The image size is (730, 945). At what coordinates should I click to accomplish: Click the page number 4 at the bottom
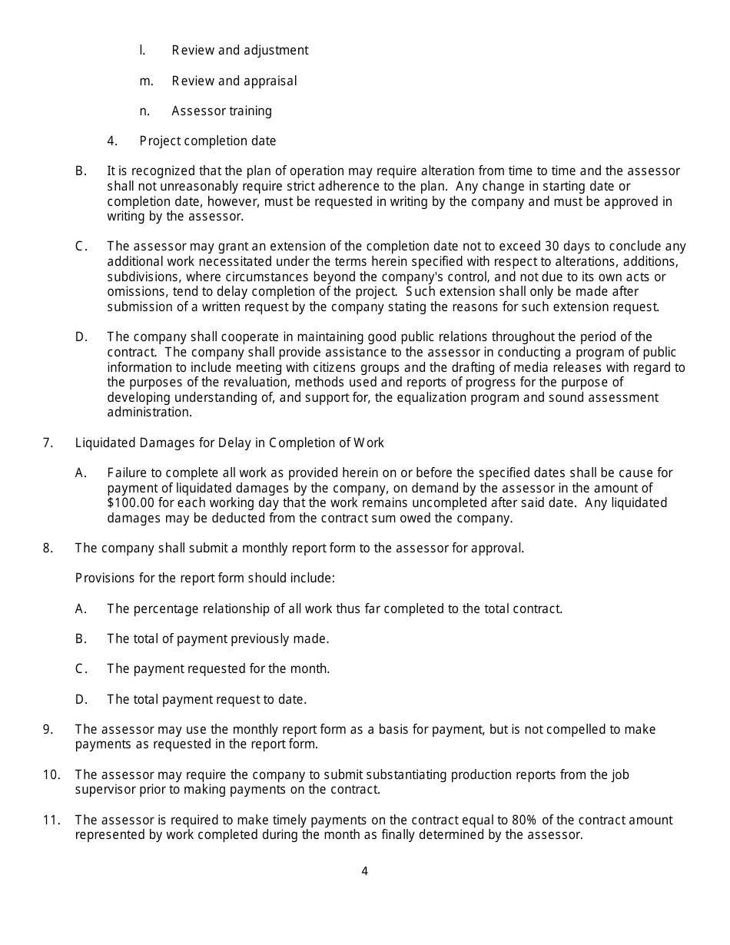pyautogui.click(x=364, y=871)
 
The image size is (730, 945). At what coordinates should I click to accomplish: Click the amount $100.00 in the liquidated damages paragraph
pyautogui.click(x=131, y=503)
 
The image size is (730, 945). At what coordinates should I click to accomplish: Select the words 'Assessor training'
pyautogui.click(x=221, y=111)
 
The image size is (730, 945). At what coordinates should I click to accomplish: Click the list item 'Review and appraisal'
pyautogui.click(x=234, y=81)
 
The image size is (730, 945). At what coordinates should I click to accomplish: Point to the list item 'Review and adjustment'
pyautogui.click(x=240, y=51)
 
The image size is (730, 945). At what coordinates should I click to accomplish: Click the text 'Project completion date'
pyautogui.click(x=207, y=141)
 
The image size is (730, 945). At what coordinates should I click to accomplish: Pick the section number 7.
pyautogui.click(x=48, y=443)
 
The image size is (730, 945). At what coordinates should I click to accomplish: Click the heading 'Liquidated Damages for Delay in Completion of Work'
pyautogui.click(x=229, y=443)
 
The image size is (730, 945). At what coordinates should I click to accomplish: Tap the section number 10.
pyautogui.click(x=51, y=774)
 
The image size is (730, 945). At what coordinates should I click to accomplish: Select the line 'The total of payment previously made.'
pyautogui.click(x=217, y=639)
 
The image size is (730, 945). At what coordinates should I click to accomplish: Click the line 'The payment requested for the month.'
pyautogui.click(x=218, y=669)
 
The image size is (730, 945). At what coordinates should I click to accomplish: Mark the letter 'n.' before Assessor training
pyautogui.click(x=144, y=111)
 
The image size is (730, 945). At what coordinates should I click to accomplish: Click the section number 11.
pyautogui.click(x=51, y=821)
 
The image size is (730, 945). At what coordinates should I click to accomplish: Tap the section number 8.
pyautogui.click(x=48, y=549)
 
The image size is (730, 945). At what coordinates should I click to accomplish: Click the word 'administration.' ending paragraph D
pyautogui.click(x=149, y=413)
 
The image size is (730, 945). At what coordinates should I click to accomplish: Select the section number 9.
pyautogui.click(x=48, y=730)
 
